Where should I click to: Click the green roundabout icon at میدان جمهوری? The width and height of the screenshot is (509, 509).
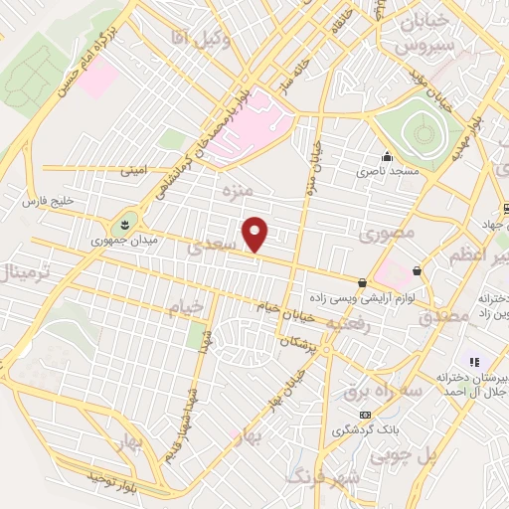tap(127, 222)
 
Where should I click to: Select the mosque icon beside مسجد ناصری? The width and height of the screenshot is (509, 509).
tap(387, 156)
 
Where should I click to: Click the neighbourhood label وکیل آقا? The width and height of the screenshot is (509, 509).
tap(206, 40)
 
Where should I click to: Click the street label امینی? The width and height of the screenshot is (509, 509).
tap(133, 171)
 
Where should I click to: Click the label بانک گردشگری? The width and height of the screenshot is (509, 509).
tap(365, 429)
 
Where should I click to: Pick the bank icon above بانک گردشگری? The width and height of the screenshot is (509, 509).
tap(365, 414)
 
